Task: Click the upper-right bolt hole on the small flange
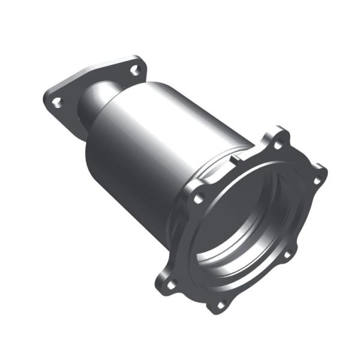click(x=135, y=70)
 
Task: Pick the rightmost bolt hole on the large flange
click(x=316, y=179)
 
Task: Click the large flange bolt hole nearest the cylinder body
click(x=199, y=196)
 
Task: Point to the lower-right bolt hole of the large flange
click(x=286, y=255)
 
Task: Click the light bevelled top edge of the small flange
click(x=90, y=75)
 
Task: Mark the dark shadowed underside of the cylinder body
click(x=138, y=198)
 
